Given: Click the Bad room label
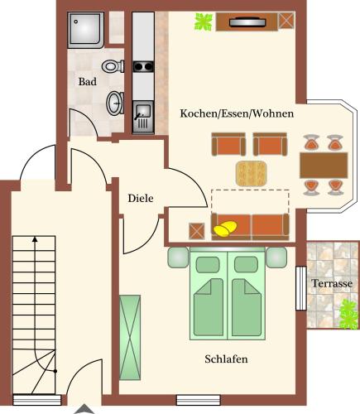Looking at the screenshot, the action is point(88,82).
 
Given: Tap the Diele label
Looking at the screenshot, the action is point(141,198).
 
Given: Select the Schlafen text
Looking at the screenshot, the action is point(226,359).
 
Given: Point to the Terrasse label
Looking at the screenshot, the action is point(332,283).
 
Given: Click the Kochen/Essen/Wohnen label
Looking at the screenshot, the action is point(237,113).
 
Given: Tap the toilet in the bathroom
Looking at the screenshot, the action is point(113,66).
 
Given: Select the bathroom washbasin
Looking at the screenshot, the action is point(115,103).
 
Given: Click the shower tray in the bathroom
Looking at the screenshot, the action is point(86,30).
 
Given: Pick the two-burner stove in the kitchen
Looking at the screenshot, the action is point(143,66).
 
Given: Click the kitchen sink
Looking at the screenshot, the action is point(143,117).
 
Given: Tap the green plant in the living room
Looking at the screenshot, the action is point(204,22).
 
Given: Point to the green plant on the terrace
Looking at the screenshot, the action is point(349,315).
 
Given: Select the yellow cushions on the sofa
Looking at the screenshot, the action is point(225,229).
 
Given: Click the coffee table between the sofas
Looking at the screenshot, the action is point(251,173).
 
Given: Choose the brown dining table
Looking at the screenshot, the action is point(324,165).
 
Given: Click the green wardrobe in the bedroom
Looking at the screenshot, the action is point(130,337).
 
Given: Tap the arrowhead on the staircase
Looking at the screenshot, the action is point(35,239).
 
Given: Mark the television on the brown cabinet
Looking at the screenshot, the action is point(247,22).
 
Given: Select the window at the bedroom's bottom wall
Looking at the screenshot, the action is point(199,400).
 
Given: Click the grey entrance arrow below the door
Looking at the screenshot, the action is point(84,410).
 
